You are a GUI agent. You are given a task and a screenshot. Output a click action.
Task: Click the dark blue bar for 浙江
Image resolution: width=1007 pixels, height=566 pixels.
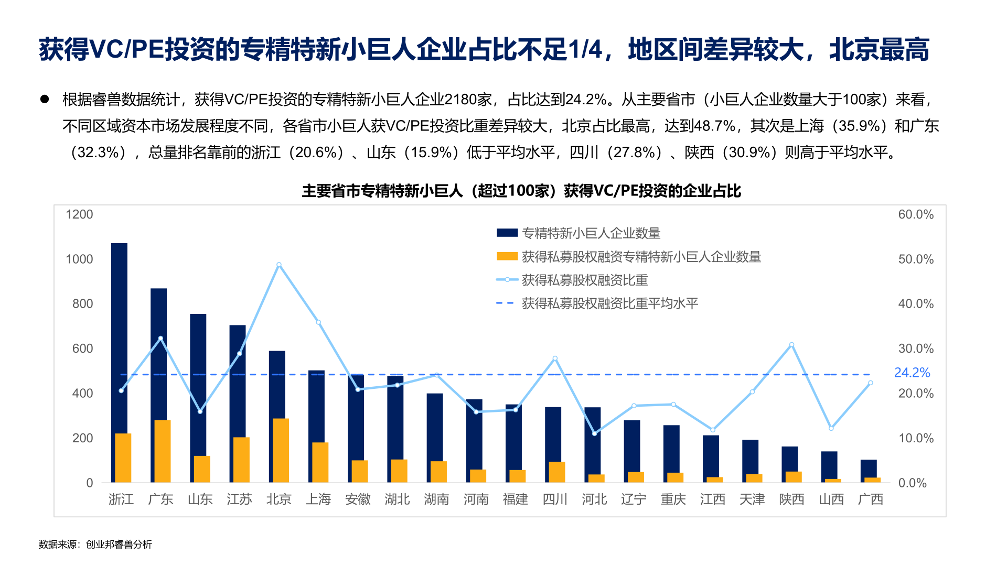point(119,335)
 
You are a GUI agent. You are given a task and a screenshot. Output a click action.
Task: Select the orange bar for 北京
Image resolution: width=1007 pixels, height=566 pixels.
point(281,450)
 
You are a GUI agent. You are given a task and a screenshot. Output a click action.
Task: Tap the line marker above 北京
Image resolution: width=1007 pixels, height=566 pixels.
point(279,265)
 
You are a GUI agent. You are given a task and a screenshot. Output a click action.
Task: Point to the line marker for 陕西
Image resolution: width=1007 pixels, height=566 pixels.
point(791,345)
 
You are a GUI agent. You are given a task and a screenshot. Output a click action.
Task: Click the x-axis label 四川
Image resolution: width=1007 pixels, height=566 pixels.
point(555,499)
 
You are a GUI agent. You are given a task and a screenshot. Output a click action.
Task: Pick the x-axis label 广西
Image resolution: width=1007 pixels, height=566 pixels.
point(871,499)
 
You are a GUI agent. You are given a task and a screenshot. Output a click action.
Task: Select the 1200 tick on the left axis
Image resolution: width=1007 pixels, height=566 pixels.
point(79,214)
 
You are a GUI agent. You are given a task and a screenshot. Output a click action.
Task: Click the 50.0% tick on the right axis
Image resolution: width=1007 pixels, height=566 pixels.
point(916,259)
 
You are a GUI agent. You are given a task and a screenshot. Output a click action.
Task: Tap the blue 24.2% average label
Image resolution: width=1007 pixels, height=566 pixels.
point(912,373)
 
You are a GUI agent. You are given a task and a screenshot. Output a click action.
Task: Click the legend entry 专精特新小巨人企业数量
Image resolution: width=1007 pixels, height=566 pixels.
point(591,233)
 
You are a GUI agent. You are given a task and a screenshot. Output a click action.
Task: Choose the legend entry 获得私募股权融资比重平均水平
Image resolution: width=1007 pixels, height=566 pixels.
point(609,303)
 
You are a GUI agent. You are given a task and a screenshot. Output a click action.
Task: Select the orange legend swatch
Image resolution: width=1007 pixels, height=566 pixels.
point(507,256)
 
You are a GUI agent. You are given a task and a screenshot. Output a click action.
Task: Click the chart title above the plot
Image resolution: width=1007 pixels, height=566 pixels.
point(521,191)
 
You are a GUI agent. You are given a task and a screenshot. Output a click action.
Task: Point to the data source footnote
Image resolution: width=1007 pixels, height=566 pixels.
point(95,545)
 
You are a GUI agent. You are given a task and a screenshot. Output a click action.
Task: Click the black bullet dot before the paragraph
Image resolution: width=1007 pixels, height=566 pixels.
point(45,99)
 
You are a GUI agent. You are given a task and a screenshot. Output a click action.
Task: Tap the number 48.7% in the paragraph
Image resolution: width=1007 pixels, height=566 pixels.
point(714,126)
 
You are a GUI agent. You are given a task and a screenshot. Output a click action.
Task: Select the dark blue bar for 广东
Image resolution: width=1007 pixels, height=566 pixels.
point(159,351)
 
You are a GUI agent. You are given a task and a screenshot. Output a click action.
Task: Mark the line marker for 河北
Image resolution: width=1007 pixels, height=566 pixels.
point(594,433)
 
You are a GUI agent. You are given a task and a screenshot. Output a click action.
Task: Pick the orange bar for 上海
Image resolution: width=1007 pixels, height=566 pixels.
point(320,462)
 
